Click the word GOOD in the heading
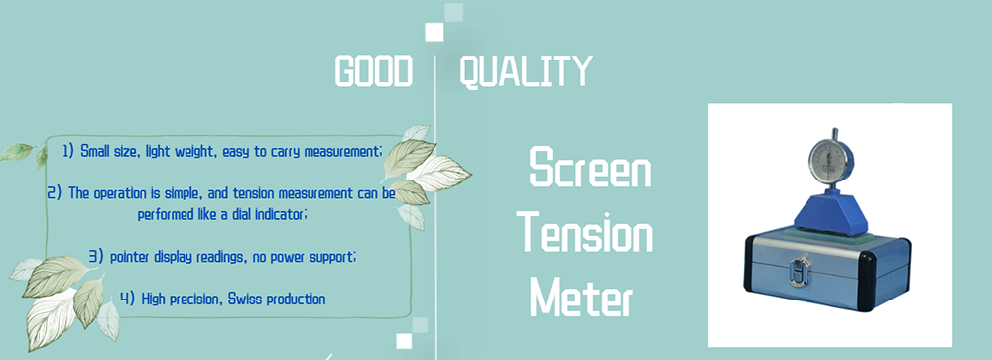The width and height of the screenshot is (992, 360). point(373,70)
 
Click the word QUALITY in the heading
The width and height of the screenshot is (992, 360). point(526,70)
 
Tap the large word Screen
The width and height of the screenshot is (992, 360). point(589,167)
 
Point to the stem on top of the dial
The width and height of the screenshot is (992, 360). point(834,134)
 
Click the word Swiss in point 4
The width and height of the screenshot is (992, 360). point(243,299)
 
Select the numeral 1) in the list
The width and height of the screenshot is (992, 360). point(68,152)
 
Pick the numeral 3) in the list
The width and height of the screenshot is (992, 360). point(96,257)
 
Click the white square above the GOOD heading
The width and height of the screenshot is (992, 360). point(434,32)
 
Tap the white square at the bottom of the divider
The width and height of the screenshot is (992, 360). point(404,341)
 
